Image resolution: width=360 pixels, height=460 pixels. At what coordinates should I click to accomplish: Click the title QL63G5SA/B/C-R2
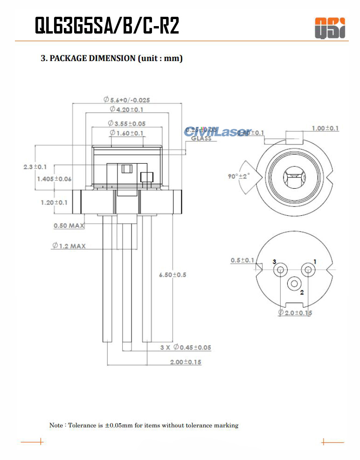(x=107, y=26)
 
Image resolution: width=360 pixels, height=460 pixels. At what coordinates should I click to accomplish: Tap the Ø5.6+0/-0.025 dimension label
(x=126, y=100)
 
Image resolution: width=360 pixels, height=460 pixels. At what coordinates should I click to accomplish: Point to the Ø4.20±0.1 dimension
(x=126, y=109)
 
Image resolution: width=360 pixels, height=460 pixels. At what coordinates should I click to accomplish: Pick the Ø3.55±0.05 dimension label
(x=126, y=124)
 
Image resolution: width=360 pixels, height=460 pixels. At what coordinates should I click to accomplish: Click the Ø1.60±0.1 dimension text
(x=126, y=133)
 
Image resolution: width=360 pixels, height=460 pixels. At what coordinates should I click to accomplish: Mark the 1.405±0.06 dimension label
(x=54, y=179)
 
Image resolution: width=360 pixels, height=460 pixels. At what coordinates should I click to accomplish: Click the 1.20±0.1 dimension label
(x=54, y=202)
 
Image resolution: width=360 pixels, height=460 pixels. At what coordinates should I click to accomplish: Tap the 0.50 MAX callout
(x=69, y=226)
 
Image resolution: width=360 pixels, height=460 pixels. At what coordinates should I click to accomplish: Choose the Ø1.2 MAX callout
(x=69, y=246)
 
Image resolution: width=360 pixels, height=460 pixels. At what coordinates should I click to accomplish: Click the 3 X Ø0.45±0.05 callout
(x=186, y=347)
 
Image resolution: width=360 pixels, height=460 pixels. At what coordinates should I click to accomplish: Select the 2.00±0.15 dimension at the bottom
(x=186, y=362)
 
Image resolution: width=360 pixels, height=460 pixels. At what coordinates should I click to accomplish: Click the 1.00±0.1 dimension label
(x=325, y=128)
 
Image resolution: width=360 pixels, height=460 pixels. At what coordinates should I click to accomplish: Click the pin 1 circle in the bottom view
(x=308, y=269)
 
